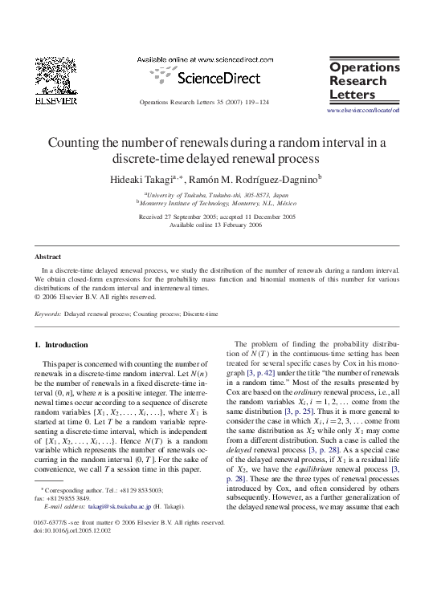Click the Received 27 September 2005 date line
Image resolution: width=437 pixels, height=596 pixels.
pyautogui.click(x=217, y=217)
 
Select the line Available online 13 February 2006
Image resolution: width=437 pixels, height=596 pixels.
pyautogui.click(x=217, y=225)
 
